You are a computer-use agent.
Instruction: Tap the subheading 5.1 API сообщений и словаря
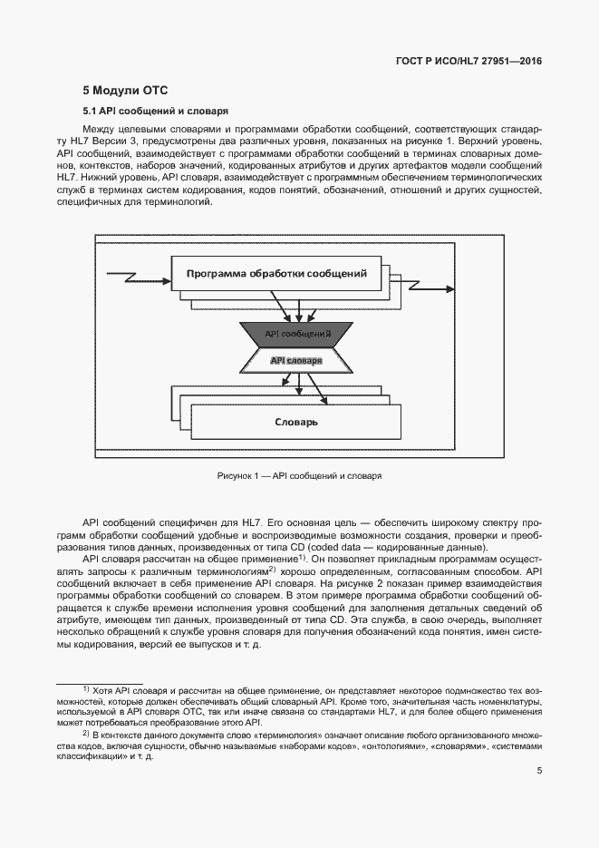point(154,112)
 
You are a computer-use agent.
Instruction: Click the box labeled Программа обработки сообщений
point(275,274)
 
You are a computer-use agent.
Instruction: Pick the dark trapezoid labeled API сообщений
point(297,335)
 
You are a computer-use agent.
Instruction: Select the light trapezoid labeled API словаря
point(296,360)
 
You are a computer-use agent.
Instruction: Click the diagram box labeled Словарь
point(295,423)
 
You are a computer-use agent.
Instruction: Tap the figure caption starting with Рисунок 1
point(299,475)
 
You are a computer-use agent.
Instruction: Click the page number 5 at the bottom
point(539,771)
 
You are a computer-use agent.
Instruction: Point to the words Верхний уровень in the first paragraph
point(502,142)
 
